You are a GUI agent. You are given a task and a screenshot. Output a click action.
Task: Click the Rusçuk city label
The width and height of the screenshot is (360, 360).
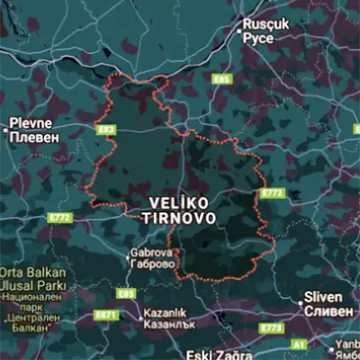[268, 24]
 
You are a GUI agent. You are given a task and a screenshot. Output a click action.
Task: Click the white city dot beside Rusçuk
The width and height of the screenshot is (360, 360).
[239, 31]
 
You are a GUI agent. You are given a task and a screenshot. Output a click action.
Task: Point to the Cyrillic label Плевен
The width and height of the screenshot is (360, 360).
[35, 138]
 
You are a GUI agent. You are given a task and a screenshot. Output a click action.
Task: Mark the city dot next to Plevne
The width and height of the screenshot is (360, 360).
[5, 130]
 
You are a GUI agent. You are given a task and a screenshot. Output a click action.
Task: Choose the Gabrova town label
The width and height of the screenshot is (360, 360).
[151, 253]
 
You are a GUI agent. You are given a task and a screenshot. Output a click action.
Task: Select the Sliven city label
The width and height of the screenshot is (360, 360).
[323, 296]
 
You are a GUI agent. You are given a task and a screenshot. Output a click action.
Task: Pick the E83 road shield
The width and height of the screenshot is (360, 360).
[107, 130]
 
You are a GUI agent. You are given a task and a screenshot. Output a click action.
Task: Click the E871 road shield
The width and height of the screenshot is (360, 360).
[106, 316]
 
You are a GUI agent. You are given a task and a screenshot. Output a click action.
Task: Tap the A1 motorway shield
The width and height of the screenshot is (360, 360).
[298, 344]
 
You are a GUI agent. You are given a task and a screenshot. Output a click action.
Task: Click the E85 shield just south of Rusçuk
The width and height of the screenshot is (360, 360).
[222, 80]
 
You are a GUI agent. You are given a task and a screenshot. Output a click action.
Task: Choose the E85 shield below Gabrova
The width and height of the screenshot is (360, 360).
[126, 293]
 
